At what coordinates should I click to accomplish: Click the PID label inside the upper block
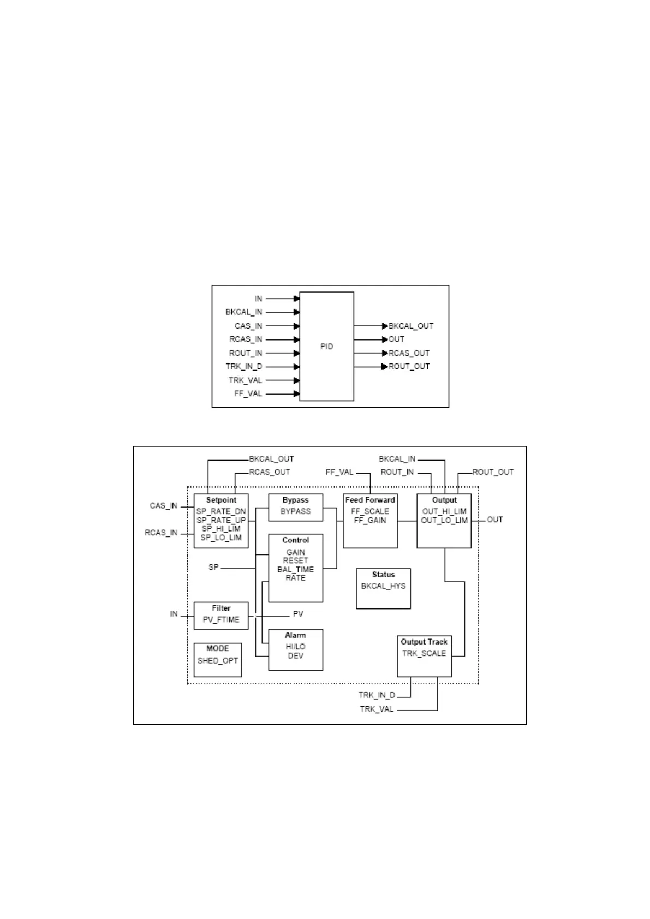[x=326, y=347]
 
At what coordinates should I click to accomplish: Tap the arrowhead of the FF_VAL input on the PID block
[x=296, y=394]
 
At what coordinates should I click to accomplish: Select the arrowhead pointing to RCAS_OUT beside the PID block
[x=385, y=353]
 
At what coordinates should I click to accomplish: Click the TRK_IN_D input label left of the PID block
[x=244, y=367]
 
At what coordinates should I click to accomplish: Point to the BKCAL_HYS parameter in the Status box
[x=383, y=586]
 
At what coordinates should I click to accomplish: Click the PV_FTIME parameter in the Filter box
[x=221, y=620]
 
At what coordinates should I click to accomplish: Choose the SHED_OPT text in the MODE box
[x=218, y=660]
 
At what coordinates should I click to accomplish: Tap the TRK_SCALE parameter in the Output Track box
[x=424, y=653]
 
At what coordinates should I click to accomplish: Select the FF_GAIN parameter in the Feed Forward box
[x=370, y=521]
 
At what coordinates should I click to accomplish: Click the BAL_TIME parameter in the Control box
[x=295, y=569]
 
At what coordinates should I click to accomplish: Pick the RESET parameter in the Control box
[x=295, y=560]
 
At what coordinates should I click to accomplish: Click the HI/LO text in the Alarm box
[x=295, y=647]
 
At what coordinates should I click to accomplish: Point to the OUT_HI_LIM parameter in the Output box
[x=444, y=511]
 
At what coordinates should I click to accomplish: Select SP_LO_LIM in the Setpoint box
[x=221, y=538]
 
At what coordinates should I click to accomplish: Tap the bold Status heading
[x=383, y=575]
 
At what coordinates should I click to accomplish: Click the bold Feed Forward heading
[x=370, y=500]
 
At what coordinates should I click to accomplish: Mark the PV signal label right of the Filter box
[x=298, y=614]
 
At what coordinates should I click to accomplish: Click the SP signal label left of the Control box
[x=213, y=568]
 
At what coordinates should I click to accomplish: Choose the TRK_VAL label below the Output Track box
[x=377, y=709]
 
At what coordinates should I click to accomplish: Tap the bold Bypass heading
[x=295, y=500]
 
